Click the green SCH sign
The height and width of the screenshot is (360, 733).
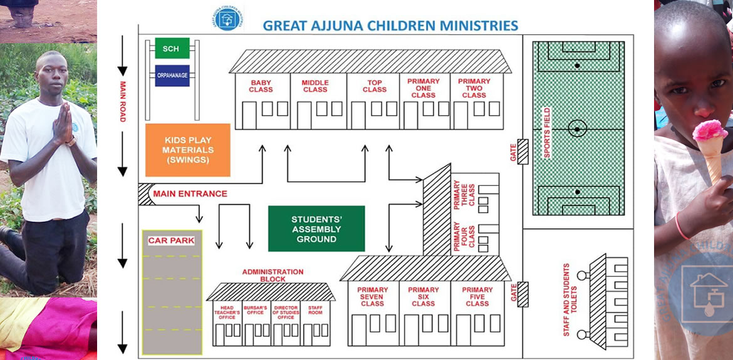click(172, 48)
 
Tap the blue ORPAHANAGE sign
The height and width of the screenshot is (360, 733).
click(172, 76)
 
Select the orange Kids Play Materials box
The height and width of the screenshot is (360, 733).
click(188, 150)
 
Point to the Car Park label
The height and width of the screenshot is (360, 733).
click(171, 240)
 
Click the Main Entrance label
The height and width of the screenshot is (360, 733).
click(190, 194)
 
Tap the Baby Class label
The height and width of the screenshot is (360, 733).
click(261, 86)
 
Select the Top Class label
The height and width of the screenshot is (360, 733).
click(374, 86)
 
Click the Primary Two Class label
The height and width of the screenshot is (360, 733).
click(474, 88)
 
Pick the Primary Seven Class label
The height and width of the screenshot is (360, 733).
click(372, 296)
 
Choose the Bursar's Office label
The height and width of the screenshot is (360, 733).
click(256, 311)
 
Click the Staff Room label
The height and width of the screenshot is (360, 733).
click(315, 311)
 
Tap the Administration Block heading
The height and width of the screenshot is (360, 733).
click(273, 275)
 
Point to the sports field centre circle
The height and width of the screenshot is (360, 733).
click(577, 128)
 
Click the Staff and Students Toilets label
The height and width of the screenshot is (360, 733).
click(567, 299)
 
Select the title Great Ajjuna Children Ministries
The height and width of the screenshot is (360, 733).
click(390, 26)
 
